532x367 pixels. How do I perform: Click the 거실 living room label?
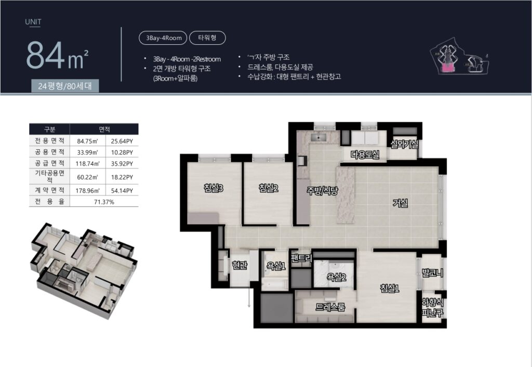click(x=400, y=203)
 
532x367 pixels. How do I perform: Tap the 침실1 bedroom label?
click(x=390, y=289)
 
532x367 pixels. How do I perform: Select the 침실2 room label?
click(x=269, y=188)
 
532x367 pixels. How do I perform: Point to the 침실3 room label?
click(x=214, y=188)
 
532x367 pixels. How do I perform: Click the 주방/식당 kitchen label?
click(x=322, y=190)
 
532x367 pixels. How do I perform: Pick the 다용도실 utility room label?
click(x=365, y=155)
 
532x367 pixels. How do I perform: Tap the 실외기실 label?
click(x=404, y=145)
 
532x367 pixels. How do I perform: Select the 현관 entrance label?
click(x=240, y=265)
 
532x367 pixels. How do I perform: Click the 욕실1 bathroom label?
click(x=276, y=266)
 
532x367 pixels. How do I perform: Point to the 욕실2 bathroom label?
click(x=336, y=277)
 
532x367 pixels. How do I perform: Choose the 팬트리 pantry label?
click(x=301, y=258)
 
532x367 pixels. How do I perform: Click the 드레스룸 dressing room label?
click(x=330, y=307)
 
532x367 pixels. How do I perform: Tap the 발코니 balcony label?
click(x=432, y=272)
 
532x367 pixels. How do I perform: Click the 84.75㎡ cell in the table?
click(x=87, y=141)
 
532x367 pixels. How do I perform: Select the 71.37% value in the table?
click(x=104, y=202)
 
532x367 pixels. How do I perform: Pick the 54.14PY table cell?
click(x=122, y=191)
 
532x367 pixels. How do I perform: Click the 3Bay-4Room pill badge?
click(x=163, y=37)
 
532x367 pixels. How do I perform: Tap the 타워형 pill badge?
click(x=207, y=37)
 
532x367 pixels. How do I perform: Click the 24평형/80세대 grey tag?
click(x=65, y=86)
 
